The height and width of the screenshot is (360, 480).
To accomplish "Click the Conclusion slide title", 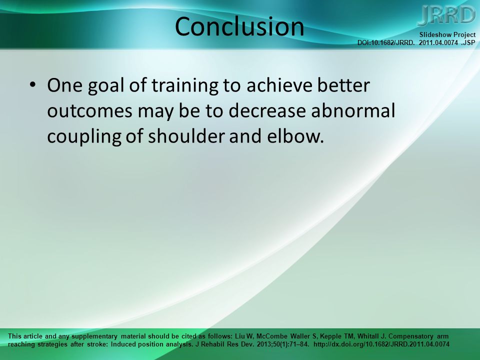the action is (x=239, y=26).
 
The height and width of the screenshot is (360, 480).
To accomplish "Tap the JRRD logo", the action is (x=446, y=15).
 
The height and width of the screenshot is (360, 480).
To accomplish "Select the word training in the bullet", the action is (x=185, y=85).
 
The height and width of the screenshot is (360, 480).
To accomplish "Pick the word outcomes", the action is (x=89, y=111).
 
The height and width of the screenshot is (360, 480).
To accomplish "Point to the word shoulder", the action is (x=186, y=136).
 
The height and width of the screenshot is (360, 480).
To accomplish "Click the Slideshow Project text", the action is (x=447, y=34).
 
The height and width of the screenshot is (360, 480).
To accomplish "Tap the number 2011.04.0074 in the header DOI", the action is (x=438, y=42).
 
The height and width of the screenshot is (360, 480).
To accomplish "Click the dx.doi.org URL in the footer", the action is (x=381, y=344).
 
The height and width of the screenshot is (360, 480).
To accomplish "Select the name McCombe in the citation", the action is (x=272, y=336).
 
